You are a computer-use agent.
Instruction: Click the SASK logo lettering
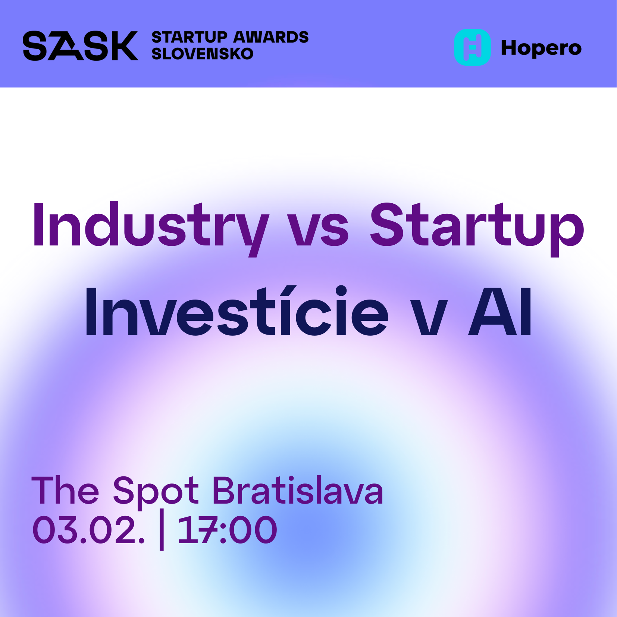(80, 46)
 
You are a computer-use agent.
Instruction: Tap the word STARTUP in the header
(189, 37)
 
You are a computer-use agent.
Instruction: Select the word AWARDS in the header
(271, 37)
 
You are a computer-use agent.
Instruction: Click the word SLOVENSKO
(203, 54)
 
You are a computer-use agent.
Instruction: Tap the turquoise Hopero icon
(472, 47)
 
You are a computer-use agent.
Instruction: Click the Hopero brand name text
(541, 48)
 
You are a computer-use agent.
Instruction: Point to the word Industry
(151, 226)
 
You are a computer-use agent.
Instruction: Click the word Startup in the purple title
(477, 226)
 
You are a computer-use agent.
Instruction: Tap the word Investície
(237, 312)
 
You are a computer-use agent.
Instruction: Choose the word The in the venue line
(65, 491)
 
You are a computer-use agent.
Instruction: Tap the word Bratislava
(298, 491)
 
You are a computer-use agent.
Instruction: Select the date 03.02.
(88, 530)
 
